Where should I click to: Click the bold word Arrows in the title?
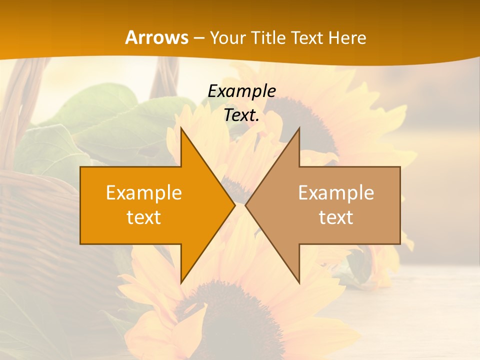pos(157,37)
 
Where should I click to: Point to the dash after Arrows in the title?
pos(198,38)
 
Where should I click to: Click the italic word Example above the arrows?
pos(241,91)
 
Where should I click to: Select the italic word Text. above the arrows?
pos(241,115)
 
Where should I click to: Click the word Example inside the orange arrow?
pos(144,193)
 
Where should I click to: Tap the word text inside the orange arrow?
pos(144,217)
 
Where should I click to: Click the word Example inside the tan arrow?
pos(336,193)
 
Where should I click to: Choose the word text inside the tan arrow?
pos(336,217)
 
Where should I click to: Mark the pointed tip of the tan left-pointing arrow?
pos(246,205)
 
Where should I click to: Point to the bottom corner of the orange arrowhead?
pos(181,282)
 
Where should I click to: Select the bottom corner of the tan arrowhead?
pos(299,282)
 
